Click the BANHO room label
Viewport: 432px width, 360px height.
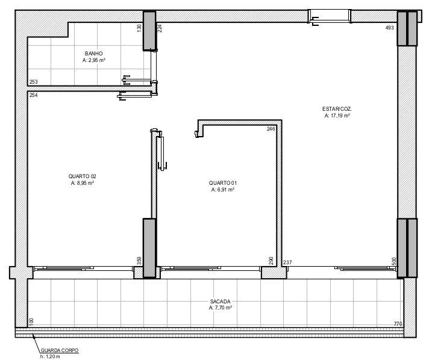click(93, 54)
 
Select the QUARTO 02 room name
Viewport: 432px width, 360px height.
click(83, 176)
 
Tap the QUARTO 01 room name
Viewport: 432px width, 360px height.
click(222, 183)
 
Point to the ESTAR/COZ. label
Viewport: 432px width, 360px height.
click(337, 109)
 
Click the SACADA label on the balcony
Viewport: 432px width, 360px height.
click(220, 302)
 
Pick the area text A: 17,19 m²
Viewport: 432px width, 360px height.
click(337, 116)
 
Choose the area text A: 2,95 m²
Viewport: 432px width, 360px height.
click(93, 60)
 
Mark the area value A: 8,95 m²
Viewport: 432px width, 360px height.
click(83, 183)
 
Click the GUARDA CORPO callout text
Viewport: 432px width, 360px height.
click(60, 350)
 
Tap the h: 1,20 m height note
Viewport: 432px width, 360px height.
click(50, 357)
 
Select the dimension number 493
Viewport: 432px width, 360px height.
click(390, 28)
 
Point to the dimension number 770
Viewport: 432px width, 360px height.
click(398, 324)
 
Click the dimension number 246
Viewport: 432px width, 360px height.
click(271, 129)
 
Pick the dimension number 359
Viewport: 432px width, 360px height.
click(139, 261)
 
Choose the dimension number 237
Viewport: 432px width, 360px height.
click(287, 262)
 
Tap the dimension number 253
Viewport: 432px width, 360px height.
click(34, 82)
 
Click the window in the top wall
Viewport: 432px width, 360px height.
click(330, 16)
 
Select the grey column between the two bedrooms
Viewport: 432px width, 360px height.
click(149, 248)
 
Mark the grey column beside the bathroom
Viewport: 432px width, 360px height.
click(149, 31)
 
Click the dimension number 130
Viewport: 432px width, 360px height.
click(139, 28)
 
